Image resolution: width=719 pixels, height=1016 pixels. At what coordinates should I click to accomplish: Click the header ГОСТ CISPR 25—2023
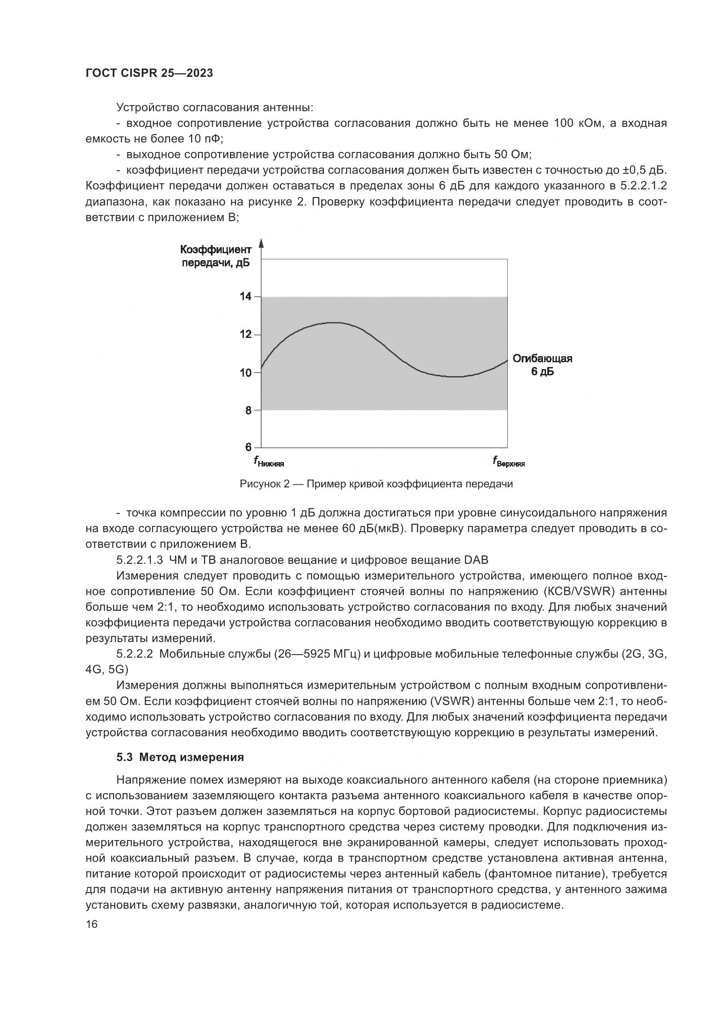click(x=149, y=73)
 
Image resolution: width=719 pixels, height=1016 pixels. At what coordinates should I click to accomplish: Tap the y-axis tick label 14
click(x=245, y=297)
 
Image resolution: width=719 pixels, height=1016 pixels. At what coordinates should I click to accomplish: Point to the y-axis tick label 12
click(x=245, y=334)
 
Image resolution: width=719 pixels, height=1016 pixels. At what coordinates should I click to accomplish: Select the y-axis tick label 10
click(x=245, y=373)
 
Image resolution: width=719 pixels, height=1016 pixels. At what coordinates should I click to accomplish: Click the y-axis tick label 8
click(x=248, y=410)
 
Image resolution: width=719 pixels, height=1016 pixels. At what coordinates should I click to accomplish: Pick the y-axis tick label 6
click(x=248, y=447)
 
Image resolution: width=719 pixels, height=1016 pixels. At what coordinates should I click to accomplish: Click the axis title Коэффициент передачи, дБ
click(x=216, y=256)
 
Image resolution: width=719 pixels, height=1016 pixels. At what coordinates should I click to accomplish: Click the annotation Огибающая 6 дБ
click(x=543, y=364)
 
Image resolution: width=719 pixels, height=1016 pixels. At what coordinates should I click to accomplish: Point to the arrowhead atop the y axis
click(x=261, y=243)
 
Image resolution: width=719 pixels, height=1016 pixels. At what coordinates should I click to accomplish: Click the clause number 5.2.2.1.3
click(x=140, y=560)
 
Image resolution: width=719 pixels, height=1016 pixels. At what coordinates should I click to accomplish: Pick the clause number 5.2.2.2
click(x=135, y=654)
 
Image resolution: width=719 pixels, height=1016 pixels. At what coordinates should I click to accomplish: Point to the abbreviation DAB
click(x=476, y=560)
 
